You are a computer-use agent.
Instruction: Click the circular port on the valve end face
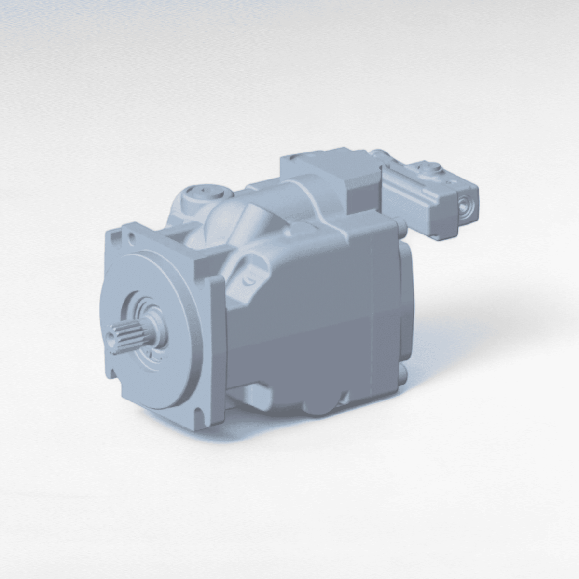pos(465,205)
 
